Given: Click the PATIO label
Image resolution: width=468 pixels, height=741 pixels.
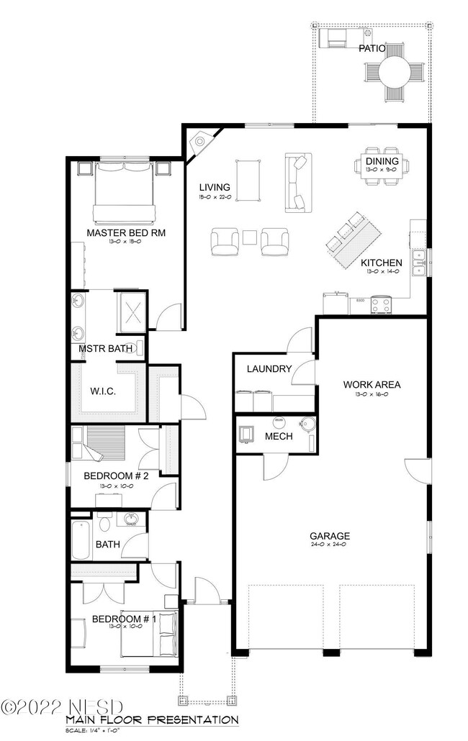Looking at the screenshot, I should click(x=372, y=49).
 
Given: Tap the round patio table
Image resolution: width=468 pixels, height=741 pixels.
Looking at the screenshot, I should click(x=395, y=72).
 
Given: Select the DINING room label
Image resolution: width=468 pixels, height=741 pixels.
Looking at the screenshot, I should click(x=382, y=161).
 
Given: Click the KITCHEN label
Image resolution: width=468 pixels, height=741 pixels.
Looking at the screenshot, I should click(x=381, y=263).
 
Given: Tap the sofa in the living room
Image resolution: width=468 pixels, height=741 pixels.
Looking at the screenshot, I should click(x=296, y=182).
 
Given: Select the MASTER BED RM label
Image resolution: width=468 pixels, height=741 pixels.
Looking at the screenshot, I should click(x=122, y=233).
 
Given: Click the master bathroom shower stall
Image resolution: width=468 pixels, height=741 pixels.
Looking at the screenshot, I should click(x=132, y=312).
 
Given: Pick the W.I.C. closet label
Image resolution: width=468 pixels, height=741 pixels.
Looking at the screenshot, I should click(x=103, y=391).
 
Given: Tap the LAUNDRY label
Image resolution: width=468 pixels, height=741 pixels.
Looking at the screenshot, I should click(x=269, y=369).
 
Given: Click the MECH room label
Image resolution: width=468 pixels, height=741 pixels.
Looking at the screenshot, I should click(x=277, y=437).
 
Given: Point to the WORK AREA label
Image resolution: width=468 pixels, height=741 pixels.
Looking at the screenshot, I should click(x=372, y=384).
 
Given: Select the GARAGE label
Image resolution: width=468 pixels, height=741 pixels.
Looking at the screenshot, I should click(x=330, y=535).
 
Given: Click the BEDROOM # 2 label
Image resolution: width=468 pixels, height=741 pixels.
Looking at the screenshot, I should click(x=115, y=476).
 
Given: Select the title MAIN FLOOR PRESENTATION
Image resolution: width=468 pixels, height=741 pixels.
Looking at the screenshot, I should click(x=151, y=719).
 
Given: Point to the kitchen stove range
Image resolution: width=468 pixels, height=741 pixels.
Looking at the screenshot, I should click(x=381, y=305).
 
